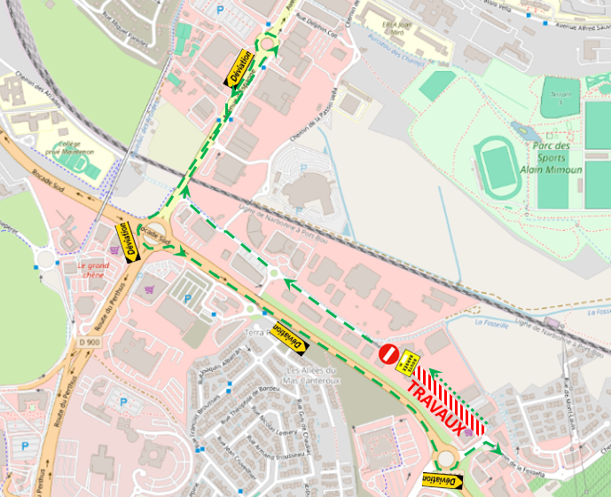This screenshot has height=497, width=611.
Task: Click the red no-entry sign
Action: click(x=388, y=353)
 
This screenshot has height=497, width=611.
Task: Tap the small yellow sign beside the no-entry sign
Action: click(x=409, y=362)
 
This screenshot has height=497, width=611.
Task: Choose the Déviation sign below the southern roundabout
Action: click(x=443, y=480)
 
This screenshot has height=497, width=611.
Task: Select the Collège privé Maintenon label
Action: click(x=74, y=147)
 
